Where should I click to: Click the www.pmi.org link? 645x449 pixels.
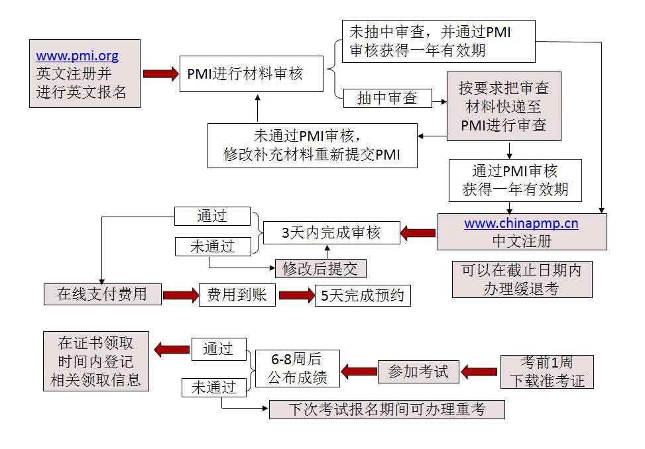pyautogui.click(x=77, y=56)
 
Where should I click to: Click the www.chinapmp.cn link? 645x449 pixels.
pyautogui.click(x=521, y=223)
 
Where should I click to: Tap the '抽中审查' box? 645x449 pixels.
pyautogui.click(x=387, y=99)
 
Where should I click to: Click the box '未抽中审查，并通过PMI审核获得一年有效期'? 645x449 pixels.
pyautogui.click(x=438, y=41)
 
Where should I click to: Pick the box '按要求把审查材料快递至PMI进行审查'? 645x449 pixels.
pyautogui.click(x=504, y=106)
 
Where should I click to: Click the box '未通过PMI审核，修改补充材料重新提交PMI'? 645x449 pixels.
pyautogui.click(x=312, y=146)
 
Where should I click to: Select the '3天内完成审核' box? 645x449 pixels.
pyautogui.click(x=331, y=232)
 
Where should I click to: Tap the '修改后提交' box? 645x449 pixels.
pyautogui.click(x=320, y=268)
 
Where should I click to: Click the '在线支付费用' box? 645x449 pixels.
pyautogui.click(x=103, y=294)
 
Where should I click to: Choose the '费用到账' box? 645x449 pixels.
pyautogui.click(x=237, y=294)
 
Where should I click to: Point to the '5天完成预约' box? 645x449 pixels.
pyautogui.click(x=363, y=295)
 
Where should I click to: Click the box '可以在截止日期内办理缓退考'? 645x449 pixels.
pyautogui.click(x=522, y=279)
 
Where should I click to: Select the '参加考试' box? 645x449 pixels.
pyautogui.click(x=418, y=372)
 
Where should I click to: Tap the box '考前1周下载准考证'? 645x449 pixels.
pyautogui.click(x=547, y=372)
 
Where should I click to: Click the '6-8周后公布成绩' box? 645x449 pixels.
pyautogui.click(x=297, y=368)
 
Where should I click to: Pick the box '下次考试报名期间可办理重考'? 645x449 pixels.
pyautogui.click(x=386, y=409)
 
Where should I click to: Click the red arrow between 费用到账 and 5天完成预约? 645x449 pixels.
pyautogui.click(x=296, y=295)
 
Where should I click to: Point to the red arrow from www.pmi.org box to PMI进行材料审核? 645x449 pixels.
pyautogui.click(x=160, y=73)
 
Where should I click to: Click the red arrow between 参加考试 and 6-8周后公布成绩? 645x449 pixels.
pyautogui.click(x=359, y=372)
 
